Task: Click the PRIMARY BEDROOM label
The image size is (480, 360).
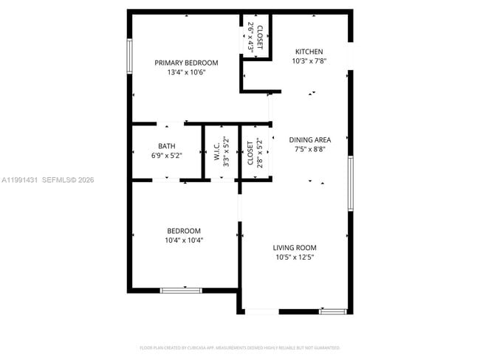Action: [x=186, y=63]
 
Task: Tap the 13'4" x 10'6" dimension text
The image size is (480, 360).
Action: [x=186, y=72]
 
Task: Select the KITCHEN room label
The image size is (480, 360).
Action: [x=309, y=51]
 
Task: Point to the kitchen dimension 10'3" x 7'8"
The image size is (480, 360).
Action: [x=309, y=60]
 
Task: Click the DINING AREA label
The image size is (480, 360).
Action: [x=309, y=139]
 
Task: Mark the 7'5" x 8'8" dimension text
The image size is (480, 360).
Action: [x=309, y=149]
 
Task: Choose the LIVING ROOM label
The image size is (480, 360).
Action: [x=295, y=248]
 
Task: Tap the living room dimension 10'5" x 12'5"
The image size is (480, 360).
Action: [x=295, y=257]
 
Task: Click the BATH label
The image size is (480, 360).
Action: [x=166, y=146]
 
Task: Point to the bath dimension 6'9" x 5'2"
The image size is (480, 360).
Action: [x=166, y=156]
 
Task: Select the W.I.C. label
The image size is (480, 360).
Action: [x=217, y=152]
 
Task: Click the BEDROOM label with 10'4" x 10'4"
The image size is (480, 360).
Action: [x=184, y=230]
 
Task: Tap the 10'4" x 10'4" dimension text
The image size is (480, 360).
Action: [x=184, y=240]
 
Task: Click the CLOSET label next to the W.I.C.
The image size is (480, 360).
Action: [x=250, y=152]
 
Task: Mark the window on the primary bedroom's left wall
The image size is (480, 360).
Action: [x=129, y=57]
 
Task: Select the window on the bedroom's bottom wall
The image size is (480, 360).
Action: [x=181, y=290]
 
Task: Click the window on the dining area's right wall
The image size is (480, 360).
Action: [x=351, y=184]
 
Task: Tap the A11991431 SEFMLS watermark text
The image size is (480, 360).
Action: [x=48, y=179]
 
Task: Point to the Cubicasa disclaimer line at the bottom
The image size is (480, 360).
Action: [x=239, y=347]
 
